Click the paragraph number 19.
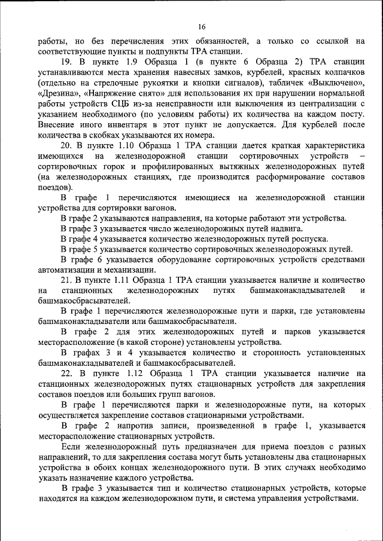(66, 62)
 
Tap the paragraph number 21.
(66, 279)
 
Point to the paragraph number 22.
(66, 373)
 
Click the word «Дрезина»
(58, 93)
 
